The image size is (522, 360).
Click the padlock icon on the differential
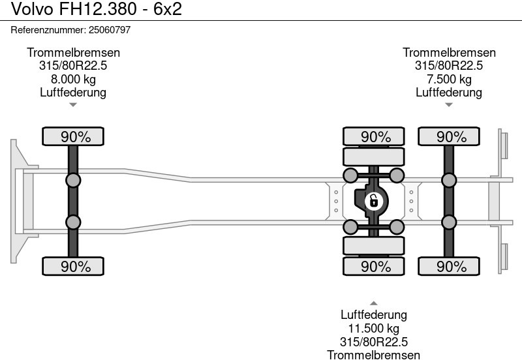(374, 201)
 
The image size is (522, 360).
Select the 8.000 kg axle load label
(73, 79)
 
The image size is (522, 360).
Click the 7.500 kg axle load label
(449, 79)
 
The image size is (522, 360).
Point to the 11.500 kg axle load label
(374, 329)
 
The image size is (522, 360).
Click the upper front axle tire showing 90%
(73, 137)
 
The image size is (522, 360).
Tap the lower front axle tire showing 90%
(73, 266)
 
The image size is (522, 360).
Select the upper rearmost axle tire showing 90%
(449, 137)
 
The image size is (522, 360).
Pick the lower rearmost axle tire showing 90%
(449, 266)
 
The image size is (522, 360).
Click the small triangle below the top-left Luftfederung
(73, 104)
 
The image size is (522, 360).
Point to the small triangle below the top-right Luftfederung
(449, 104)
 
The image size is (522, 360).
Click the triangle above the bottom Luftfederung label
(374, 303)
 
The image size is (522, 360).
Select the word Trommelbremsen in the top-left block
(73, 53)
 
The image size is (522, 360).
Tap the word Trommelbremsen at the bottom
(374, 355)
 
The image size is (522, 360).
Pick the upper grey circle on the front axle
(73, 181)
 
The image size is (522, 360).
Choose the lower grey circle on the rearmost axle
(449, 222)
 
